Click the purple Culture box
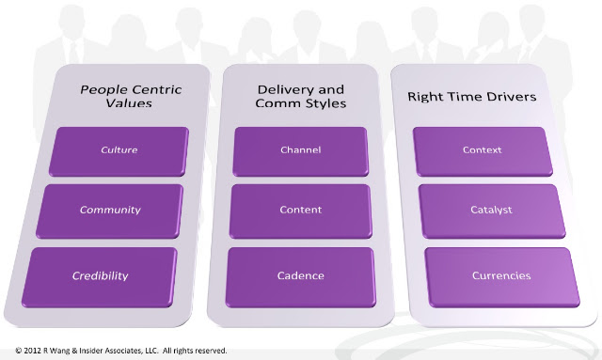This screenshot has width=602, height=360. click(119, 151)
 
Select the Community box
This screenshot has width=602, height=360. click(109, 211)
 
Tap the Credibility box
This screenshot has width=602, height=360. click(100, 277)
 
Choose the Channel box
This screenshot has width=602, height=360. click(301, 151)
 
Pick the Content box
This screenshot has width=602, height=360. click(301, 211)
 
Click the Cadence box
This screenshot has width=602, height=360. click(301, 277)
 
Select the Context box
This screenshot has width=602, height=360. click(483, 151)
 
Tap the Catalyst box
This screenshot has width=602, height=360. click(492, 211)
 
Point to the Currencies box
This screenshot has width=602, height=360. click(501, 277)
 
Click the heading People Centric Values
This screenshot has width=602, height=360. click(131, 96)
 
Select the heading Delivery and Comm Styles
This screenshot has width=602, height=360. click(301, 96)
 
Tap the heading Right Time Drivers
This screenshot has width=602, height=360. click(472, 96)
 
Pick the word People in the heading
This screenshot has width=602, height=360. click(103, 90)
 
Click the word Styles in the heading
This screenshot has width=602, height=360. click(326, 103)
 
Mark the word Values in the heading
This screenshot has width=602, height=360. click(129, 103)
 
